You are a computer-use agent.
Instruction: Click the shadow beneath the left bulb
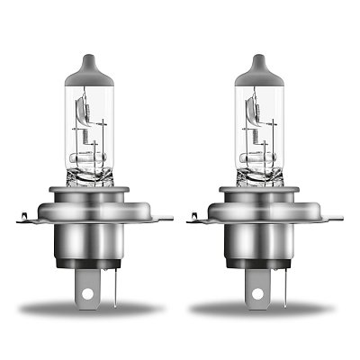99,309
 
